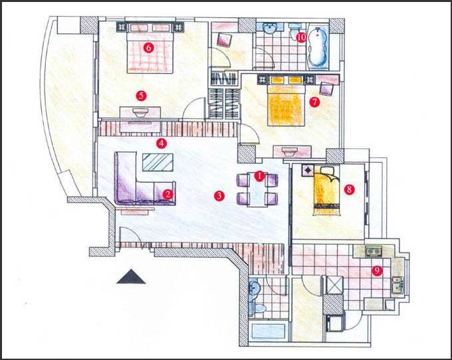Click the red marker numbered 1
point(259,176)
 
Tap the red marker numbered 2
point(168,195)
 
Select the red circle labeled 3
point(219,196)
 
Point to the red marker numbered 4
point(162,143)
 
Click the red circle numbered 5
point(141,96)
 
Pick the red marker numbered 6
point(149,47)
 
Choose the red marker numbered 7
point(314,102)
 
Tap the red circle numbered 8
point(350,189)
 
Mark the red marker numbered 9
point(377,270)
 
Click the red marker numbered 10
point(301,37)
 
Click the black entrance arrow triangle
point(131,276)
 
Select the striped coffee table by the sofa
point(158,163)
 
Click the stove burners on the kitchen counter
point(374,251)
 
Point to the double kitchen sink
point(397,285)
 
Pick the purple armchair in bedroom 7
point(327,89)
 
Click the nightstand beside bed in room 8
point(308,171)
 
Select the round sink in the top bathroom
point(270,29)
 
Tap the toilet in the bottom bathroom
point(259,308)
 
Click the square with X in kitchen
point(333,285)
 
